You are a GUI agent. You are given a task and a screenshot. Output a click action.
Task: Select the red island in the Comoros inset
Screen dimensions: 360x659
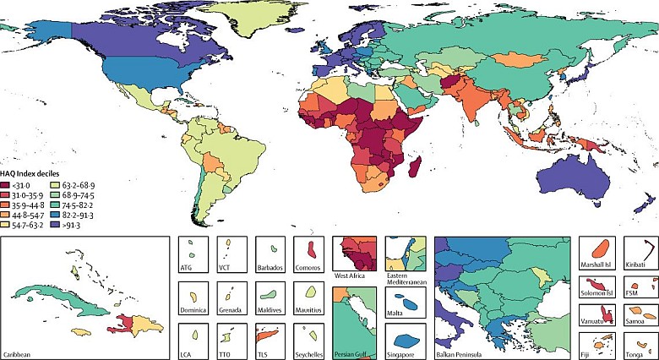point(310,250)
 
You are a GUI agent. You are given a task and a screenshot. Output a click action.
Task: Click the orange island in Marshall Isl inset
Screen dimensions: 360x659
point(599,250)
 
